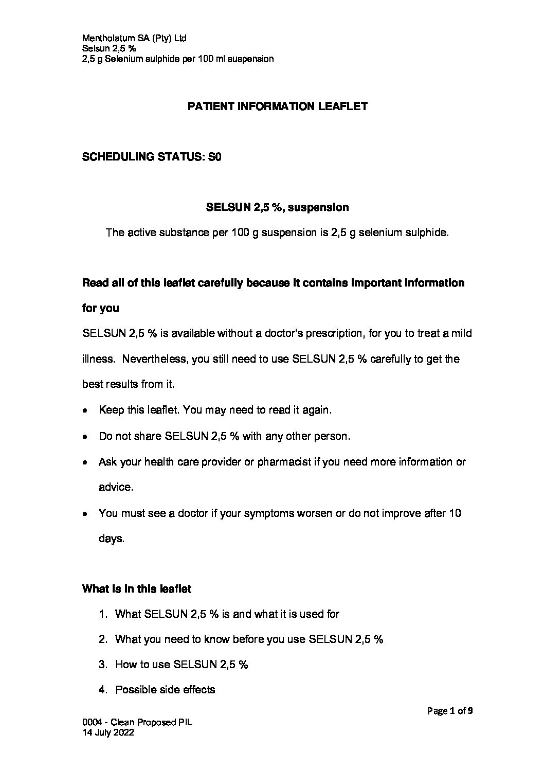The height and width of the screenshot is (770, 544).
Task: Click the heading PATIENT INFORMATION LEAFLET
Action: click(x=277, y=106)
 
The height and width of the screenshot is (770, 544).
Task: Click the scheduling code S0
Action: click(x=214, y=157)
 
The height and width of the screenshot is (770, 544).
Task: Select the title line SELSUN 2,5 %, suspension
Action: click(x=277, y=207)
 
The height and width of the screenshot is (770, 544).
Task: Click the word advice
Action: click(x=116, y=487)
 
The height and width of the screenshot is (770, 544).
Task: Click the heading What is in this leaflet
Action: click(x=137, y=589)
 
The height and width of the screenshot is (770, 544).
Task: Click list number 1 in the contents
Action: click(x=103, y=614)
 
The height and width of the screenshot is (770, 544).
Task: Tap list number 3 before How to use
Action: click(x=103, y=665)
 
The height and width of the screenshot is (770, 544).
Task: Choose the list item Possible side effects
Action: click(x=165, y=690)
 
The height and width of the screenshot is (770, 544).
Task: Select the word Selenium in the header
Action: click(x=121, y=59)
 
